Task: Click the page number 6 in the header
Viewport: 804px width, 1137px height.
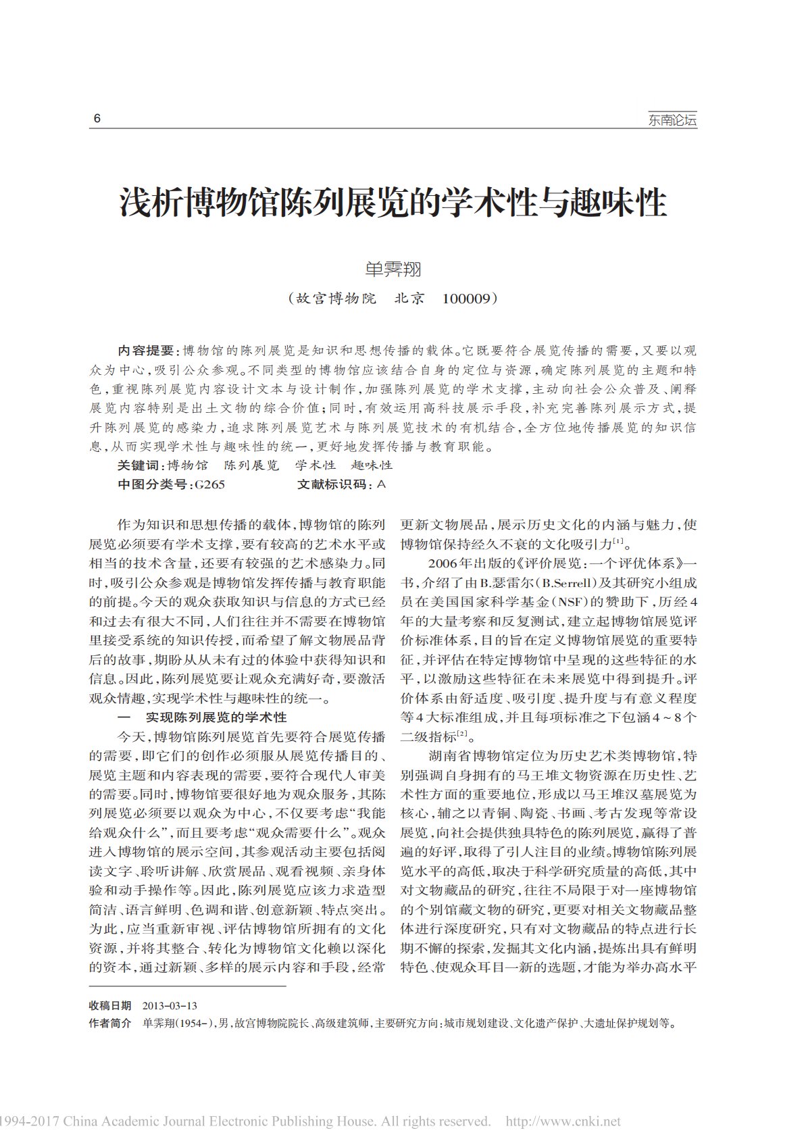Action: point(97,119)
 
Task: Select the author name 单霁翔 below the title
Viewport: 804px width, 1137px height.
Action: point(393,269)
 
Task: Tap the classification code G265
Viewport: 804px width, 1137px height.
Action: point(209,484)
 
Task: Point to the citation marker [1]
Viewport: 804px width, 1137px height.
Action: point(618,540)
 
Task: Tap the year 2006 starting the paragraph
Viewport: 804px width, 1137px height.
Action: point(443,563)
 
